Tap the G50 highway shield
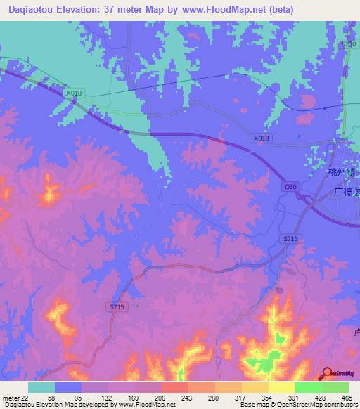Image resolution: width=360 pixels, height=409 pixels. click(290, 186)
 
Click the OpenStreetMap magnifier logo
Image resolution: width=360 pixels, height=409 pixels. click(328, 373)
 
